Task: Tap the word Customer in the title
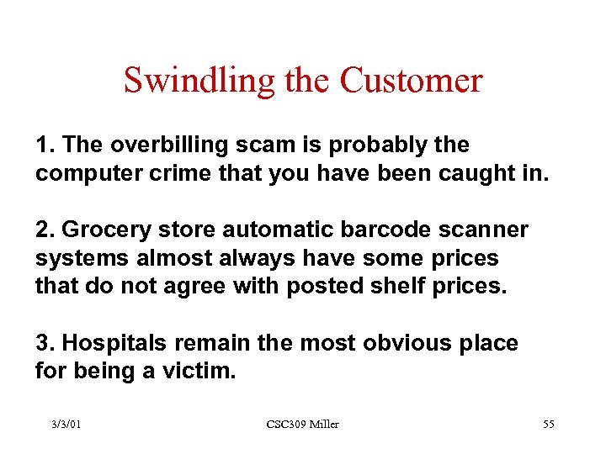[x=412, y=81]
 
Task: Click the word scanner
[x=483, y=230]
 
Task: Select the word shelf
[x=404, y=286]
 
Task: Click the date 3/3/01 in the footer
[x=66, y=425]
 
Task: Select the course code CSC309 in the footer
[x=285, y=425]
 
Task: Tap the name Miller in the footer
[x=323, y=425]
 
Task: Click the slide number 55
[x=548, y=425]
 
